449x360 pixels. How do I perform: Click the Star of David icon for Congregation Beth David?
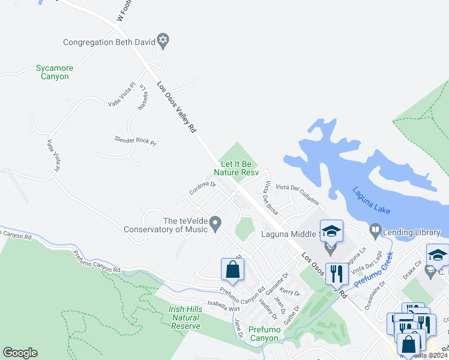pyautogui.click(x=163, y=41)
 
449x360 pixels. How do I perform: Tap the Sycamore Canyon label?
pyautogui.click(x=52, y=72)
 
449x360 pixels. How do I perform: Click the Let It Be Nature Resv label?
pyautogui.click(x=239, y=167)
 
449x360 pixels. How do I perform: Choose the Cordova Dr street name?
pyautogui.click(x=202, y=188)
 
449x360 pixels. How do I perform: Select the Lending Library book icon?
pyautogui.click(x=375, y=229)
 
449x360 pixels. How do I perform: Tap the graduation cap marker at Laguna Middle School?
pyautogui.click(x=331, y=231)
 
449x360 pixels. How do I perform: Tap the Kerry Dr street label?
pyautogui.click(x=289, y=291)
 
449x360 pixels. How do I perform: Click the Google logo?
pyautogui.click(x=20, y=353)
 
